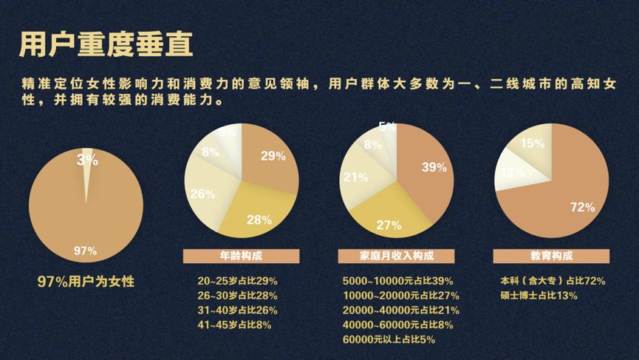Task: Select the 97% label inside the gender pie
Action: pyautogui.click(x=85, y=251)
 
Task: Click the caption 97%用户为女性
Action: pyautogui.click(x=86, y=282)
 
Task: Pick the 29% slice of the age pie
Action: pyautogui.click(x=271, y=157)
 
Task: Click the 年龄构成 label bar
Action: pyautogui.click(x=241, y=256)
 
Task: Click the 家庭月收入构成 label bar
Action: pyautogui.click(x=396, y=256)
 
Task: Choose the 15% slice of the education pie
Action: pyautogui.click(x=530, y=142)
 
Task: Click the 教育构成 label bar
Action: pyautogui.click(x=551, y=256)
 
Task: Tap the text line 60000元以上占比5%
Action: pyautogui.click(x=389, y=339)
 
